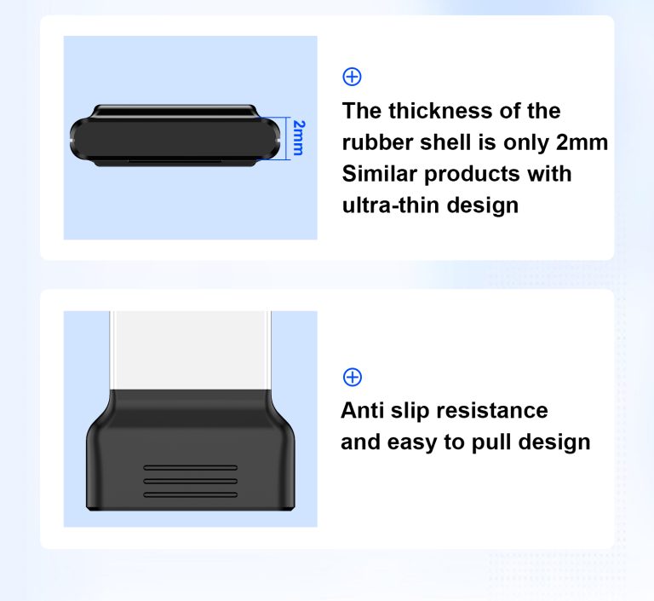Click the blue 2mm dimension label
(299, 138)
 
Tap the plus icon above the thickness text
(352, 77)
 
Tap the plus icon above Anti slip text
(353, 377)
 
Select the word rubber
(377, 142)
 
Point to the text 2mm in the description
(582, 142)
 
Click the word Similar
(380, 174)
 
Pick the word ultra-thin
(391, 205)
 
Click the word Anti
(362, 411)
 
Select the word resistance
(491, 411)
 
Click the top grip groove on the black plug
(191, 468)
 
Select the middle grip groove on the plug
(191, 481)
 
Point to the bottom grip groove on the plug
(191, 495)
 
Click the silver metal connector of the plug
(190, 350)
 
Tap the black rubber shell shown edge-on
(175, 136)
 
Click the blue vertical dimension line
(288, 138)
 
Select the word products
(473, 175)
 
